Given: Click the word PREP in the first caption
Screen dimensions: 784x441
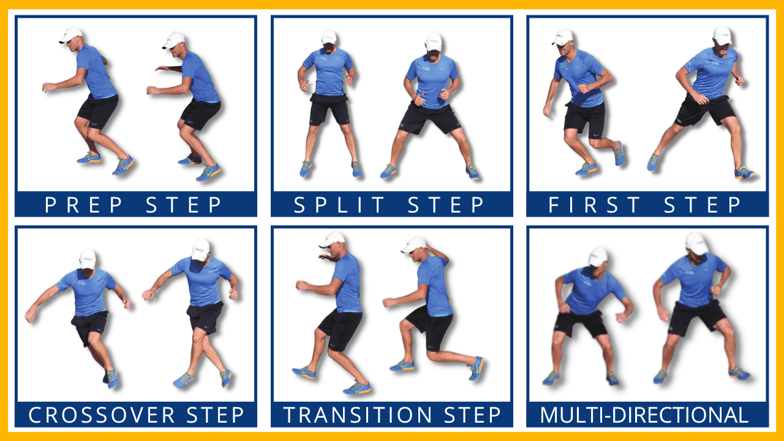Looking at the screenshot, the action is click(x=84, y=205).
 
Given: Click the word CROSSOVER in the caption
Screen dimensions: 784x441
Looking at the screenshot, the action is click(x=102, y=415).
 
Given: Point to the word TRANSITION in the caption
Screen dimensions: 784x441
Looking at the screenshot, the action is click(x=357, y=415).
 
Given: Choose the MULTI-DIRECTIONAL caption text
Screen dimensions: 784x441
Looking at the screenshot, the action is click(x=644, y=415).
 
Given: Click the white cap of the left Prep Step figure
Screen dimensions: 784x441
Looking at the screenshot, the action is click(x=71, y=35).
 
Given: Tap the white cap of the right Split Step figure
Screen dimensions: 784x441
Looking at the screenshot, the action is click(x=434, y=42).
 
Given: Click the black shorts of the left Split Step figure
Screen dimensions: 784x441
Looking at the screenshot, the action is click(x=329, y=109).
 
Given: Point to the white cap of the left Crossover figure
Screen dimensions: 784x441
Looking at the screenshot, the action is click(x=88, y=259).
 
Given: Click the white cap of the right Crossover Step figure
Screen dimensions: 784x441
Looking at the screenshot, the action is click(x=200, y=249).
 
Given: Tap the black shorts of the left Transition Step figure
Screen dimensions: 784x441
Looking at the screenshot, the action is click(x=340, y=330).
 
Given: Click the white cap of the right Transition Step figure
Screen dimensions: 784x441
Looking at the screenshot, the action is click(x=413, y=244).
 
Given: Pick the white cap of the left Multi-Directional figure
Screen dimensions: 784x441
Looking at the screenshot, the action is click(x=598, y=257).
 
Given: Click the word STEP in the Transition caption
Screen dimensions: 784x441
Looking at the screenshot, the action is click(x=472, y=415).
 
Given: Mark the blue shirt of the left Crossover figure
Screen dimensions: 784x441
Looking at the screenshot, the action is click(x=87, y=291).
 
